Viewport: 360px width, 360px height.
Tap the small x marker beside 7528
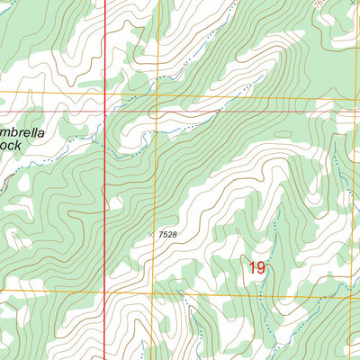click(150, 235)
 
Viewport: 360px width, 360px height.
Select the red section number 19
click(257, 267)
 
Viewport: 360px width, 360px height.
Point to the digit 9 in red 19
click(262, 267)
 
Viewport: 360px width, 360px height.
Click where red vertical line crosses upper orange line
click(104, 94)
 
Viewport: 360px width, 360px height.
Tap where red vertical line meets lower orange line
click(105, 292)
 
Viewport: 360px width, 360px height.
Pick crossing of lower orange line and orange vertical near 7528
click(152, 292)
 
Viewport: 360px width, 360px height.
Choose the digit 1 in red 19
click(252, 267)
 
